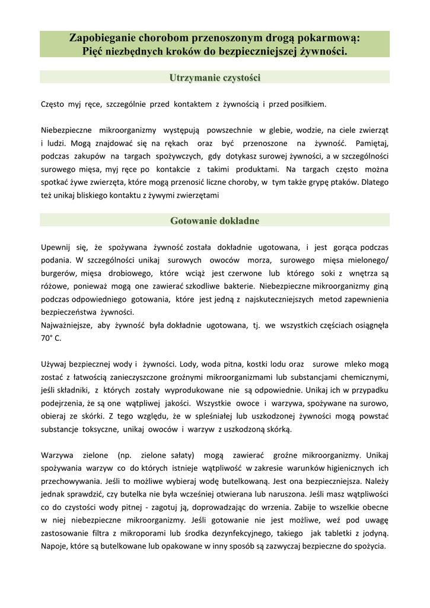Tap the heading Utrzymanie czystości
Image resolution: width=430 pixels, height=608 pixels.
215,78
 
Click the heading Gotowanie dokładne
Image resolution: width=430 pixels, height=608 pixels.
215,221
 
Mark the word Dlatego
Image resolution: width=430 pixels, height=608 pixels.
374,182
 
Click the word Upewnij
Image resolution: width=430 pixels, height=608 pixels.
56,247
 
